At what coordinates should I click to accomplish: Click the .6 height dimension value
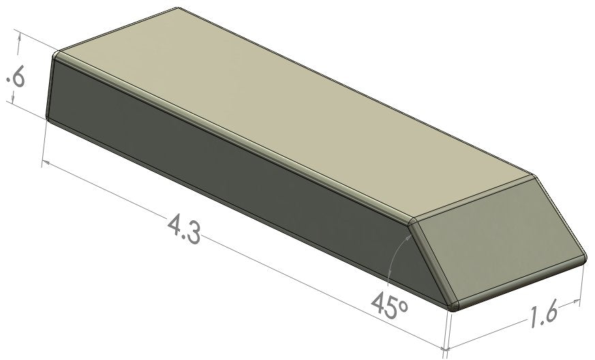[x=15, y=78]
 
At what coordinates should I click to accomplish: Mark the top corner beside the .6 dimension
[x=57, y=55]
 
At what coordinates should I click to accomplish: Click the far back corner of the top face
[x=179, y=9]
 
